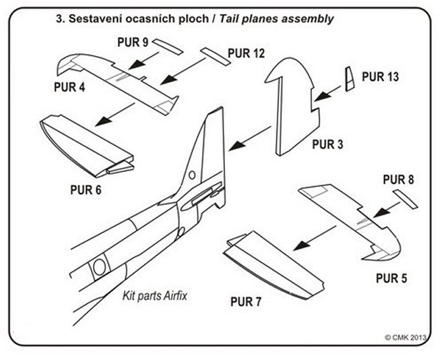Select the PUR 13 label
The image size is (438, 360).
(x=380, y=77)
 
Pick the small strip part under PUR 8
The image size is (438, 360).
(x=406, y=200)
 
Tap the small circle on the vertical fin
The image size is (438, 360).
(x=192, y=175)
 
